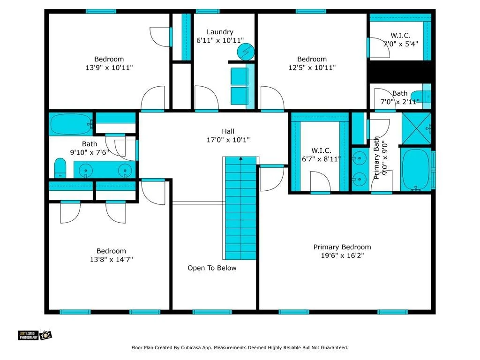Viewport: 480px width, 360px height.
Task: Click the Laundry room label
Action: [220, 32]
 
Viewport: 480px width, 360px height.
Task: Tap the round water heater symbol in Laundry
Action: [246, 52]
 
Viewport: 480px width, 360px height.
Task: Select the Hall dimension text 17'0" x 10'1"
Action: [228, 140]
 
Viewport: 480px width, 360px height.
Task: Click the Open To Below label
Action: [212, 268]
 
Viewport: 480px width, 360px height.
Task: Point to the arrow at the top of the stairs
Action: [241, 158]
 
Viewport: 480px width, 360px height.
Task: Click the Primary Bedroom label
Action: [342, 247]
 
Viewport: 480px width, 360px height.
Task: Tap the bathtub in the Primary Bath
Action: [415, 170]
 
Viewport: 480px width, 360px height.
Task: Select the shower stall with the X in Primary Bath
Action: [416, 128]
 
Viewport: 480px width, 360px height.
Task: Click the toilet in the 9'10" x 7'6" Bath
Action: [60, 168]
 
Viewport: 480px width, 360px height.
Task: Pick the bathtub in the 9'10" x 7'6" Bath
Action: [71, 124]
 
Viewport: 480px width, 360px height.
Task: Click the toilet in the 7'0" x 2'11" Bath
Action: [420, 97]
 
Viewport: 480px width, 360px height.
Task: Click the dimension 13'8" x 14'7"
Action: [111, 260]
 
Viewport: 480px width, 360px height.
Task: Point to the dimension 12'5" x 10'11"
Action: [312, 67]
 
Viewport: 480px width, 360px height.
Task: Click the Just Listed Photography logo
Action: [35, 335]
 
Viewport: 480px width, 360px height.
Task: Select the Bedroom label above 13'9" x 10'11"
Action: [109, 59]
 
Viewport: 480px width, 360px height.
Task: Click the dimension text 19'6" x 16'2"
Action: [342, 255]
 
